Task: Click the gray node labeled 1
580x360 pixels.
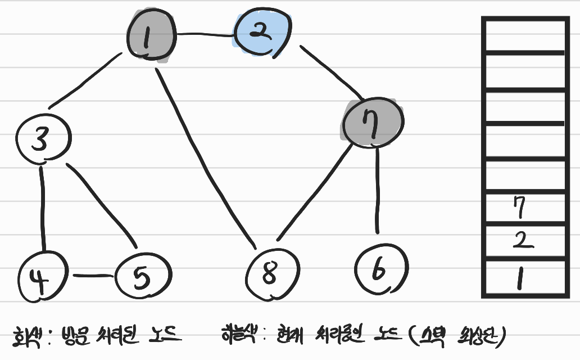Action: click(x=150, y=37)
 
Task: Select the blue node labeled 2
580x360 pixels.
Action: click(x=262, y=34)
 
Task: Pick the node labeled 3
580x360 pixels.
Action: click(x=42, y=138)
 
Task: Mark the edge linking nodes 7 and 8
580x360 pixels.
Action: click(x=315, y=194)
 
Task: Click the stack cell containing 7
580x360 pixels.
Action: click(x=523, y=208)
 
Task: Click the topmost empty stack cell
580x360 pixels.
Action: click(x=523, y=35)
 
